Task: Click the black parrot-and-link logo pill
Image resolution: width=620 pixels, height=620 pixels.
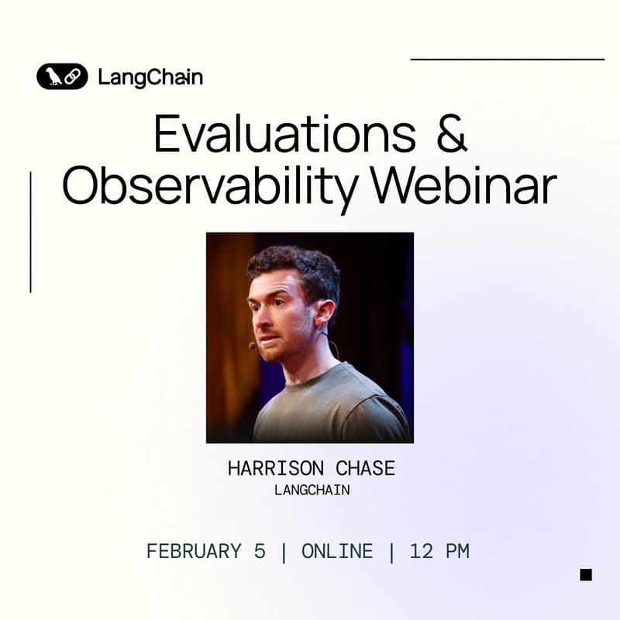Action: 62,76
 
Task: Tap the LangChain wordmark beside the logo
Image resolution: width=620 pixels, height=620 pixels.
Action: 150,77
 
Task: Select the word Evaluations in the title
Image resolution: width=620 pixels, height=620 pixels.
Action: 285,136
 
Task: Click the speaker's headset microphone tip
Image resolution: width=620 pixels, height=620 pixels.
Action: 253,345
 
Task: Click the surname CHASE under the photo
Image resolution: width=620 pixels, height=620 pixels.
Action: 365,469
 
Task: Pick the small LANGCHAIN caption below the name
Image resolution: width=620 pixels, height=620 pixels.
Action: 312,491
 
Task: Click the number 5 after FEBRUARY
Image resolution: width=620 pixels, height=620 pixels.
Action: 260,552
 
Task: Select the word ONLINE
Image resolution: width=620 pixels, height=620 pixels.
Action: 337,552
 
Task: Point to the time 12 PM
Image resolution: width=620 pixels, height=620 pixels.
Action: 439,552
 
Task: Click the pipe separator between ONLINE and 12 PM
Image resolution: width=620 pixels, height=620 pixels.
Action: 391,552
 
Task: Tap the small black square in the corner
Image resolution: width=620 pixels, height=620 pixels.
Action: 586,574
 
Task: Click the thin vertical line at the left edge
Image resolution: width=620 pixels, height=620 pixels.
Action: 30,232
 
